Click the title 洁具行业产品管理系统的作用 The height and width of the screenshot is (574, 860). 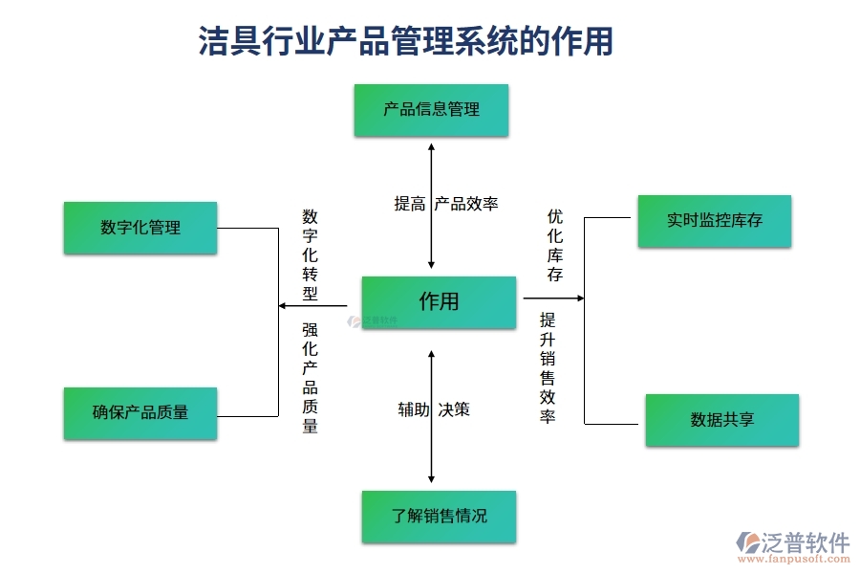click(405, 41)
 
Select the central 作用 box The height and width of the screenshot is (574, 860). click(439, 301)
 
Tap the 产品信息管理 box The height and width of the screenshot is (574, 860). click(431, 110)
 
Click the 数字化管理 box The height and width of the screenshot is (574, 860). click(140, 228)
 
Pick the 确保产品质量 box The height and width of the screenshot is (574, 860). click(140, 412)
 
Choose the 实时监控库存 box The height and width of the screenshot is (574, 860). click(714, 220)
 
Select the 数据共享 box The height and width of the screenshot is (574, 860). click(721, 419)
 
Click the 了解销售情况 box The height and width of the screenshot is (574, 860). click(439, 517)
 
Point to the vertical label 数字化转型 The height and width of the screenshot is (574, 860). click(310, 254)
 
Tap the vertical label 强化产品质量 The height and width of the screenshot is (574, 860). click(310, 378)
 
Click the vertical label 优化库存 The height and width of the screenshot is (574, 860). click(554, 246)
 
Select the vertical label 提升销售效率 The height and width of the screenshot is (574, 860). click(548, 368)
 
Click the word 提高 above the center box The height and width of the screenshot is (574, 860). click(410, 204)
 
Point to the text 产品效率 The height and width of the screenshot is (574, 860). click(466, 204)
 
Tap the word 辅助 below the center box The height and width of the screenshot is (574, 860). click(414, 409)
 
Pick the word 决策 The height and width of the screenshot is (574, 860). click(454, 409)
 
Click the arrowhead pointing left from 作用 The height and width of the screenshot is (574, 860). click(282, 306)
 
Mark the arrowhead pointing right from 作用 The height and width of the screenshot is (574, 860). click(579, 298)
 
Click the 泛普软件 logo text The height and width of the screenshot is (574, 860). click(805, 542)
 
